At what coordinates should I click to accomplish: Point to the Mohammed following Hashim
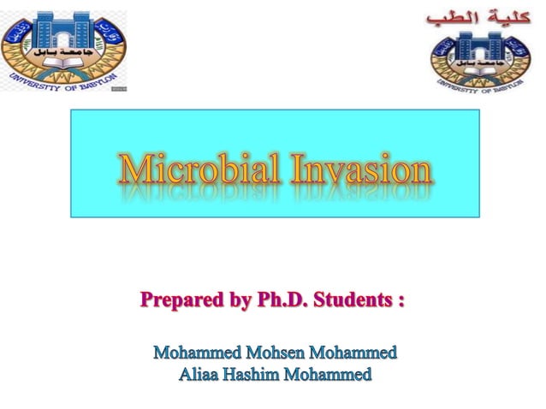tap(329, 373)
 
